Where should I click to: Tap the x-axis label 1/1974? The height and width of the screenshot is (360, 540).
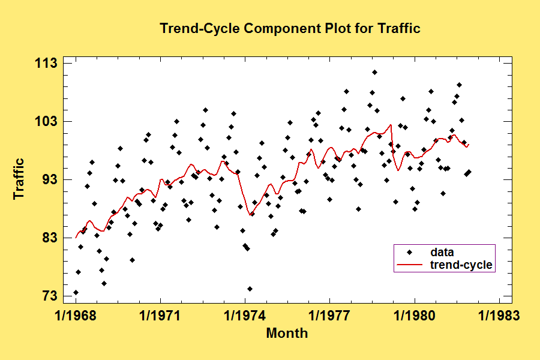(x=245, y=316)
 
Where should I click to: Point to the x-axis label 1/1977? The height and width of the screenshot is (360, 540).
(x=329, y=316)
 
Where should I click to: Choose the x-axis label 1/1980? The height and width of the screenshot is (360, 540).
(x=414, y=316)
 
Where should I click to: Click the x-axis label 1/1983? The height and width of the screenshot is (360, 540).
(x=499, y=316)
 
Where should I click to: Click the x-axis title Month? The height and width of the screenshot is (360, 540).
(x=287, y=333)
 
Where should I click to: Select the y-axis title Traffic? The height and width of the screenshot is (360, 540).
(x=19, y=179)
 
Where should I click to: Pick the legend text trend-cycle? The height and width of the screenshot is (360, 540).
(x=461, y=265)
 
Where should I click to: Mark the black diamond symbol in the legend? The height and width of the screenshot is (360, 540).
(x=410, y=252)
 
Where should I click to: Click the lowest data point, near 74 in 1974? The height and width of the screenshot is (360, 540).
(x=250, y=289)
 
